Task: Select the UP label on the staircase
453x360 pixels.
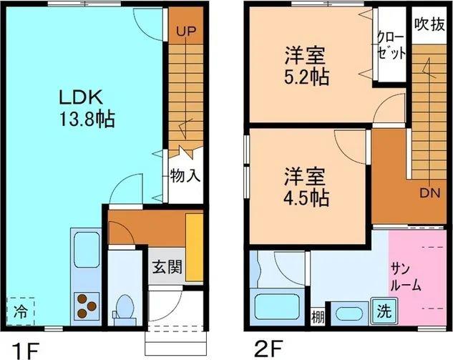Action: tap(186, 31)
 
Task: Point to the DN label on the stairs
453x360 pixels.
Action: tap(429, 192)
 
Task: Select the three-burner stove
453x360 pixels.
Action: tap(86, 306)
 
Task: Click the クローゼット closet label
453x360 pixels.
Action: tap(391, 46)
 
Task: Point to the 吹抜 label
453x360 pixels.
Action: tap(429, 22)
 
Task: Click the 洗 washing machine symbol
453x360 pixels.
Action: tap(384, 313)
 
